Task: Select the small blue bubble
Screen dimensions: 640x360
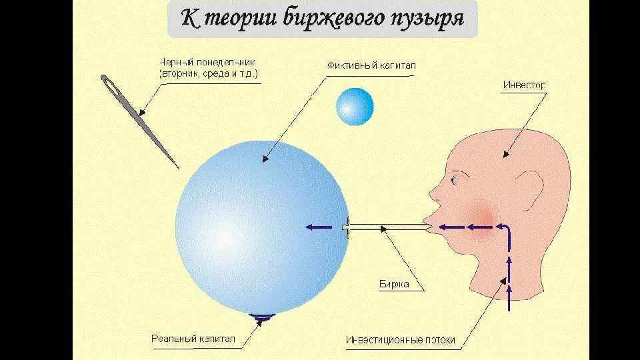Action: pyautogui.click(x=355, y=107)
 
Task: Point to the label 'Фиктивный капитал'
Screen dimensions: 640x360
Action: pyautogui.click(x=371, y=66)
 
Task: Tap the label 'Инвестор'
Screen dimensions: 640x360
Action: pyautogui.click(x=524, y=85)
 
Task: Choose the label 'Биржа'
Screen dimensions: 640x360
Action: pyautogui.click(x=393, y=284)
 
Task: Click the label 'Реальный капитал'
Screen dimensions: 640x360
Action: pyautogui.click(x=193, y=339)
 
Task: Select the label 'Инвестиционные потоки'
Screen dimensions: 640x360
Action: pyautogui.click(x=401, y=340)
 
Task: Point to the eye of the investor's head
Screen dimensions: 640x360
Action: pyautogui.click(x=454, y=180)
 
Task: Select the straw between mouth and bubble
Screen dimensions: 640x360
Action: pyautogui.click(x=387, y=228)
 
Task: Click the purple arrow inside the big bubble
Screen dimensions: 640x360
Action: pyautogui.click(x=319, y=227)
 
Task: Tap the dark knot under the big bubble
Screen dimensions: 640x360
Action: pyautogui.click(x=262, y=317)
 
